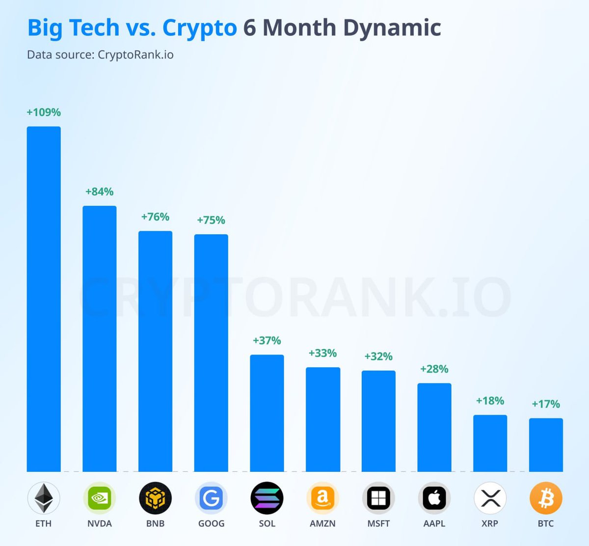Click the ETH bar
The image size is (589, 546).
coord(44,299)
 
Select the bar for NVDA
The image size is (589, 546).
coord(100,339)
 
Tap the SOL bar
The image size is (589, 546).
coord(267,413)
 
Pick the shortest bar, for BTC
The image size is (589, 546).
coord(546,445)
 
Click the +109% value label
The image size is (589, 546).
coord(44,112)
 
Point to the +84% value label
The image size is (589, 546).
coord(100,191)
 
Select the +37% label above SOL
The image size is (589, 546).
coord(267,341)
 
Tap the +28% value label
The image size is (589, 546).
coord(434,369)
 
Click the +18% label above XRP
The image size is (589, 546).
coord(490,401)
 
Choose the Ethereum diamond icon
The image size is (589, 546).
coord(44,498)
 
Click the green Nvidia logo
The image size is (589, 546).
coord(100,498)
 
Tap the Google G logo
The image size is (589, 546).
coord(211,498)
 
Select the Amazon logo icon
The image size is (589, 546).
coord(322,498)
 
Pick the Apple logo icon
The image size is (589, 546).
coord(434,498)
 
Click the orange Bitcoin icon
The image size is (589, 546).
coord(546,498)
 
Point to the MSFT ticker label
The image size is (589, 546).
coord(378,523)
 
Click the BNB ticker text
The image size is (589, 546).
coord(155,523)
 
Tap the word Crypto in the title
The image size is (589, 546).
coord(199,28)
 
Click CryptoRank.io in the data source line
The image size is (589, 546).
coord(135,55)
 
